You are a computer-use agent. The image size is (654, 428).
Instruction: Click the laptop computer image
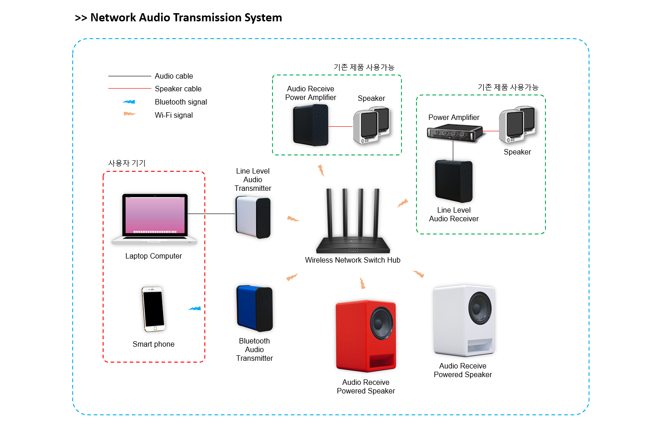pos(154,219)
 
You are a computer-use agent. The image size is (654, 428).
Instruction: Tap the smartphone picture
pos(153,309)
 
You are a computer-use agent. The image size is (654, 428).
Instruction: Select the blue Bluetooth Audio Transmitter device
pos(254,308)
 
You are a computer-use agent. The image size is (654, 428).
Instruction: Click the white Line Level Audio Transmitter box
pos(253,217)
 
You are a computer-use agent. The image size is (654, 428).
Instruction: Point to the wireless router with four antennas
pos(353,227)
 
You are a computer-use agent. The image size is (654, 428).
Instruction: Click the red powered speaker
pos(366,336)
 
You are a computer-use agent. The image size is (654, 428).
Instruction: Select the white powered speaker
pos(463,320)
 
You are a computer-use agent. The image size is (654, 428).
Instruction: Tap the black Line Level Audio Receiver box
pos(454,181)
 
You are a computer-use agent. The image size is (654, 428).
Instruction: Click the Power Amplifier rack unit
pos(454,133)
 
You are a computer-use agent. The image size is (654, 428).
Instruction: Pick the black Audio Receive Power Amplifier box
pos(311,125)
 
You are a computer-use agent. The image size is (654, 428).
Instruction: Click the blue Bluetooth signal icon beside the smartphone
pos(195,309)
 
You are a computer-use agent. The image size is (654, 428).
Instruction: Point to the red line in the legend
pos(129,89)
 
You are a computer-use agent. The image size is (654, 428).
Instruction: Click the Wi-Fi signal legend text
pos(173,115)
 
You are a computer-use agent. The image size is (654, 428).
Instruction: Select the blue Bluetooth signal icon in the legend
pos(129,102)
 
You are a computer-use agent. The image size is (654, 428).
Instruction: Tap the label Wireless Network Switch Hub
pos(352,260)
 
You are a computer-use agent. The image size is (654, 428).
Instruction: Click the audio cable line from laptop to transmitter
pos(211,214)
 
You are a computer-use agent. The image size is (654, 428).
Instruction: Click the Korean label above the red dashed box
pos(127,163)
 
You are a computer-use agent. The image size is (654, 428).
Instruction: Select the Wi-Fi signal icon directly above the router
pos(321,170)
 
